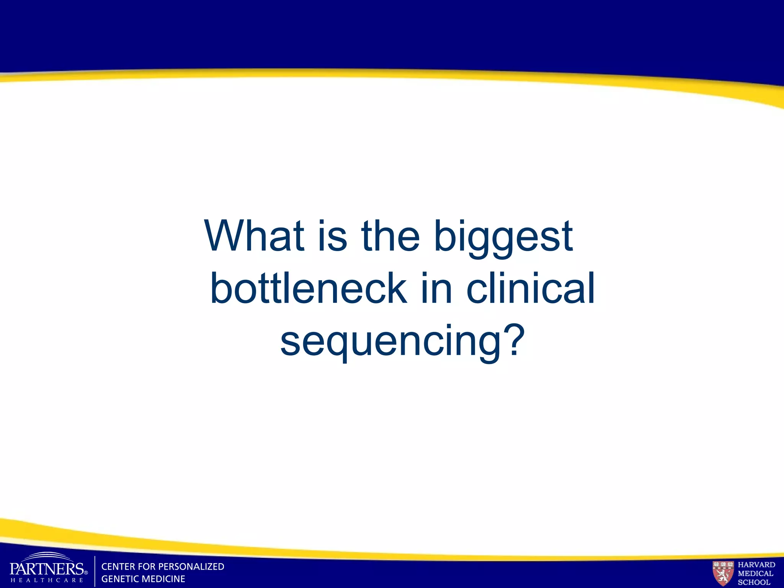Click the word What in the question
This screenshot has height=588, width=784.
click(255, 236)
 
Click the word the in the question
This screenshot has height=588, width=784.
click(390, 236)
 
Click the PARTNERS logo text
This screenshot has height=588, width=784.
click(46, 568)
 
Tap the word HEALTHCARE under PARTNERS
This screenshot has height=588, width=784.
click(47, 580)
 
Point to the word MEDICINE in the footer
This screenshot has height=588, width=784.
click(164, 579)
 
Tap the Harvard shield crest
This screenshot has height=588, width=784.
click(723, 573)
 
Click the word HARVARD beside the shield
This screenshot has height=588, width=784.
click(756, 565)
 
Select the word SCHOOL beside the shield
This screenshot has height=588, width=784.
click(754, 582)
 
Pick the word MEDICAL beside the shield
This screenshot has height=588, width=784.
click(755, 573)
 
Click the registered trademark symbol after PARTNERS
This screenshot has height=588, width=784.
click(86, 573)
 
